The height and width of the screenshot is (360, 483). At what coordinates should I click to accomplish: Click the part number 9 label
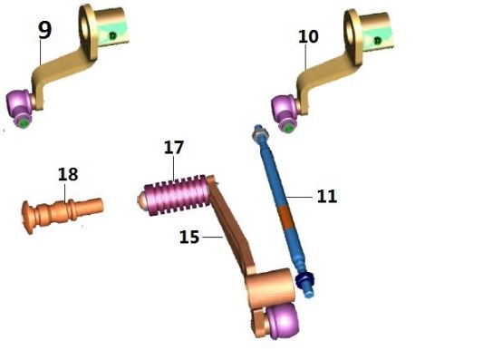click(x=43, y=30)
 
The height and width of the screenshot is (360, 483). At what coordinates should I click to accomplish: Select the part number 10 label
click(x=308, y=37)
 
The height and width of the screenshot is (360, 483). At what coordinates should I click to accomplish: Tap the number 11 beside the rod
click(x=326, y=195)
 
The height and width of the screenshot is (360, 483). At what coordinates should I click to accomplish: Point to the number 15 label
click(x=188, y=238)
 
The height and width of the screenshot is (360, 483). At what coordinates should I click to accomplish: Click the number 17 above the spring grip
click(x=174, y=147)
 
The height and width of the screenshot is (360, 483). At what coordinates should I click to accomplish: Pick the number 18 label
click(x=68, y=173)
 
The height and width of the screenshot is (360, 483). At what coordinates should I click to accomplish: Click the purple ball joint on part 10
click(x=287, y=112)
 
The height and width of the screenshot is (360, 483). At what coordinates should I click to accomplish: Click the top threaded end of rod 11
click(x=257, y=134)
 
